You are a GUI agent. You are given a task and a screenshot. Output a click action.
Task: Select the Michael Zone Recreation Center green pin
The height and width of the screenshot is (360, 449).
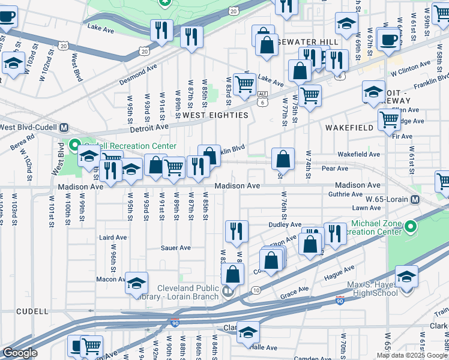click(411, 227)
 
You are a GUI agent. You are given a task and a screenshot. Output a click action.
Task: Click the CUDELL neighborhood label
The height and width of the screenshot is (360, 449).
click(32, 311)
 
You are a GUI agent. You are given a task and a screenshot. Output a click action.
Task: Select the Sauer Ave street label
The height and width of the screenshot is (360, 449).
click(175, 248)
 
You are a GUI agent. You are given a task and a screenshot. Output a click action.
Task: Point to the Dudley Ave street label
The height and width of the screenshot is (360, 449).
click(284, 224)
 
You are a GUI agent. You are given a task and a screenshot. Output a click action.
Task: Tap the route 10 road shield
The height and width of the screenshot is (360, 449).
click(256, 290)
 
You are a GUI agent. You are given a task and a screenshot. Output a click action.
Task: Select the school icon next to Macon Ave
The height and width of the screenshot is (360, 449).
click(136, 282)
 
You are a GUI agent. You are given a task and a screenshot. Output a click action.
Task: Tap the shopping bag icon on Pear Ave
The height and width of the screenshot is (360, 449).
click(283, 159)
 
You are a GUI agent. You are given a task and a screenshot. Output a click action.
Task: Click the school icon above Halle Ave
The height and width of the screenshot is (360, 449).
click(247, 332)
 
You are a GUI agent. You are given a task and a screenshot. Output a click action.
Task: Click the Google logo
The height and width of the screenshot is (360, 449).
click(20, 353)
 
